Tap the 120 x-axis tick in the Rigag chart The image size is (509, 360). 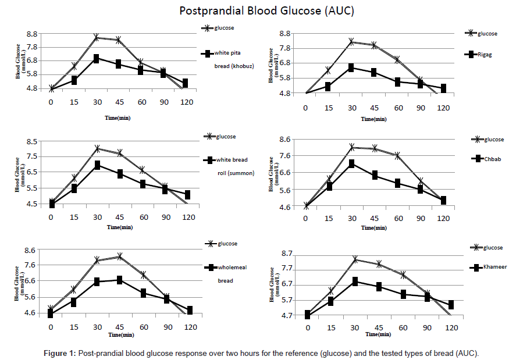click(443, 108)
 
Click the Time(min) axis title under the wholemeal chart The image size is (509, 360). click(119, 334)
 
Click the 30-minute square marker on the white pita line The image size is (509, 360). click(97, 59)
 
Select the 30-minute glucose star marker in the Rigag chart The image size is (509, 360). click(352, 42)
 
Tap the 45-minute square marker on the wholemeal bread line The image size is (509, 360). click(119, 280)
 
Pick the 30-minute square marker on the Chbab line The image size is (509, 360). click(352, 163)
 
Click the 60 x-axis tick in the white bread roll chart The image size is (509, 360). click(143, 217)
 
